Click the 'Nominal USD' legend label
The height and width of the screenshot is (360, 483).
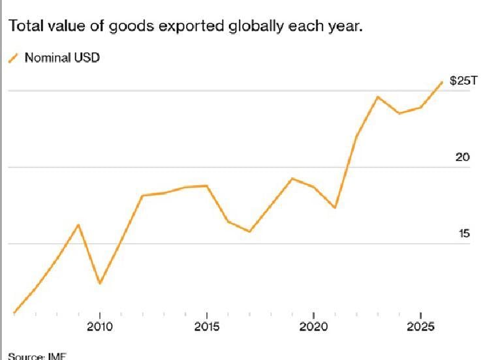[x=62, y=57]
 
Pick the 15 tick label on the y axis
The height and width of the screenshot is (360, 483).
[x=463, y=233]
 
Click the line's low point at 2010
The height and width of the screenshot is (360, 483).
[x=99, y=284]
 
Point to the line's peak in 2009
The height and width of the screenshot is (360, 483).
[x=78, y=225]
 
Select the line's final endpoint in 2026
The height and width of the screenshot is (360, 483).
[x=442, y=82]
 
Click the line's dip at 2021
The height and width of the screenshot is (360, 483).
[x=335, y=207]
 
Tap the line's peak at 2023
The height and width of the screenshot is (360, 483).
[x=378, y=97]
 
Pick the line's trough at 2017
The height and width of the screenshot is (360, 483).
[x=249, y=232]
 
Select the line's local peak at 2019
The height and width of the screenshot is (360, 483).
[x=292, y=178]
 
